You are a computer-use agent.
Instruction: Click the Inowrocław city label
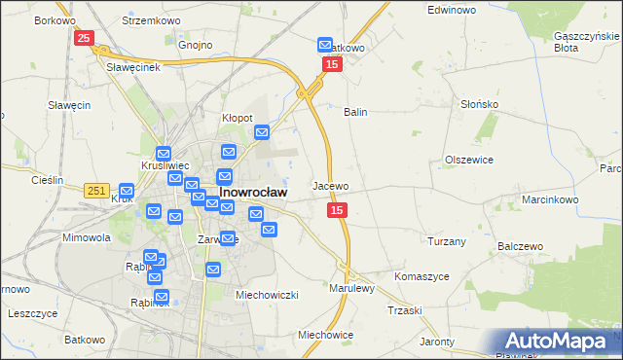point(253,193)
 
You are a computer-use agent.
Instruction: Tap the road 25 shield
point(84,38)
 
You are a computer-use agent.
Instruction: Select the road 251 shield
point(95,192)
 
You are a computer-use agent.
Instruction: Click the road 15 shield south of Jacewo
point(337,210)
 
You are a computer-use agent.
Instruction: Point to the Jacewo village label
point(330,185)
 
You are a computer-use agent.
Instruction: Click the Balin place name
point(354,112)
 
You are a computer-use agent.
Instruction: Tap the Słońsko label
point(479,104)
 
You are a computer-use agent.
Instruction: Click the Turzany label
point(447,240)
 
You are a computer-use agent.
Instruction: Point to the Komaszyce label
point(421,276)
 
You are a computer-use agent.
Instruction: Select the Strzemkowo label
point(147,19)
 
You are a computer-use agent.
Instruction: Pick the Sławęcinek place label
point(132,66)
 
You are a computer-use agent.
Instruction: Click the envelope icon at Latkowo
point(325,45)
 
